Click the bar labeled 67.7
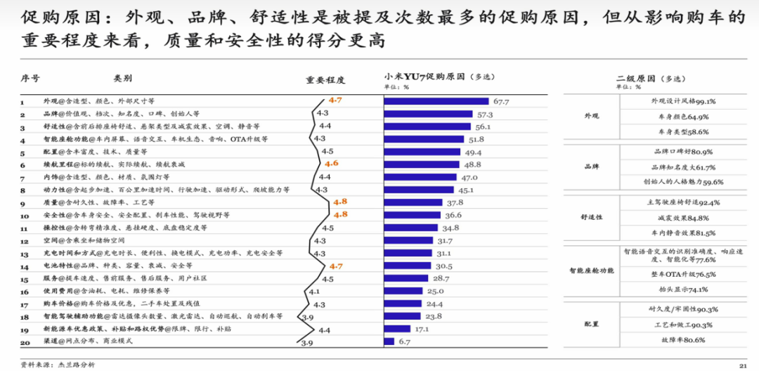tap(436, 101)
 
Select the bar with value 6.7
tap(389, 341)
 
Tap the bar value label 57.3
tap(484, 115)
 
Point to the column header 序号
tap(30, 79)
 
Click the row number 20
tap(25, 342)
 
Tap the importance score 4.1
tap(314, 291)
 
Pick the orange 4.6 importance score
tap(332, 164)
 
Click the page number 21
tap(742, 365)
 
